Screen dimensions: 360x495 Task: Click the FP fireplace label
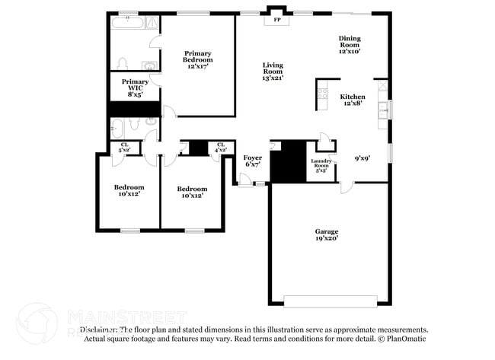tap(277, 20)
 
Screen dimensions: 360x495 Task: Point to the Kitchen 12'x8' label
tap(352, 100)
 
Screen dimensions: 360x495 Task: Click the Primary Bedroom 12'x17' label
tap(197, 59)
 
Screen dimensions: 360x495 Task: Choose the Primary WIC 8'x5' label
tap(135, 88)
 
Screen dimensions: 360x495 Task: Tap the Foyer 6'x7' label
tap(252, 161)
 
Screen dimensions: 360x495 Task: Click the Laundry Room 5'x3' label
tap(321, 165)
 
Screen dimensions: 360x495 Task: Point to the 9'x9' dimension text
tap(362, 158)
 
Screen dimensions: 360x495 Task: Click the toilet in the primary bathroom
tap(122, 62)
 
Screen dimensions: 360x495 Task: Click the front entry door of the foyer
tap(245, 180)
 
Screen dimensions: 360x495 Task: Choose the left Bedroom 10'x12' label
tap(128, 191)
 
